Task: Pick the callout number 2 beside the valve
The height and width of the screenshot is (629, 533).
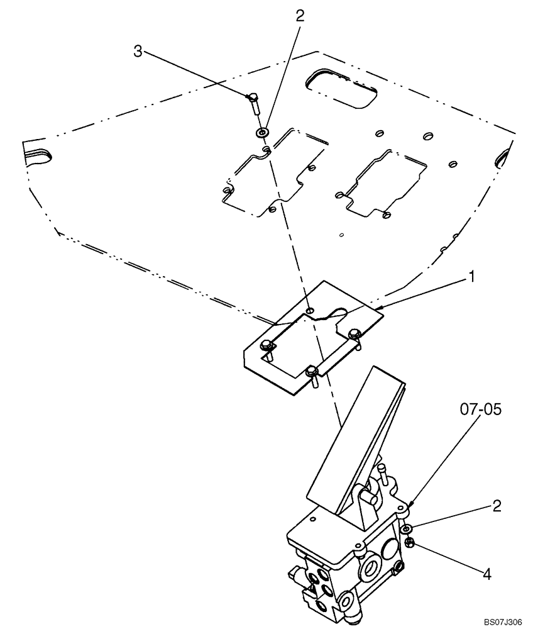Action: [497, 506]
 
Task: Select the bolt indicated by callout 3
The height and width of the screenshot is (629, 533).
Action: [252, 102]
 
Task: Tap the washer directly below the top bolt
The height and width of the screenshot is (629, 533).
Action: [262, 133]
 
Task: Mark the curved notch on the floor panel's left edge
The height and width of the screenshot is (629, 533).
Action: [40, 155]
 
